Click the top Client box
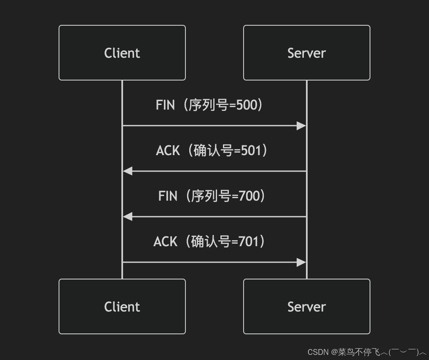[x=122, y=53]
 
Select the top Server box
[x=306, y=53]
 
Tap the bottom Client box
[x=122, y=306]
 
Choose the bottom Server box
[x=306, y=306]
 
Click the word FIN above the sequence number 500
[x=165, y=105]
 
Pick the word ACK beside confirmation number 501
[x=168, y=150]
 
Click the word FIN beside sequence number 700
[x=168, y=196]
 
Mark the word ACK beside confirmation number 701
[x=165, y=242]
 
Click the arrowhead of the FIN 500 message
[x=301, y=126]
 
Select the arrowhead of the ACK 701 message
[x=301, y=262]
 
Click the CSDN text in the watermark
[x=318, y=352]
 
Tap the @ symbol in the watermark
[x=334, y=352]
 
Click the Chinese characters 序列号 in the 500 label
[x=204, y=105]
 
